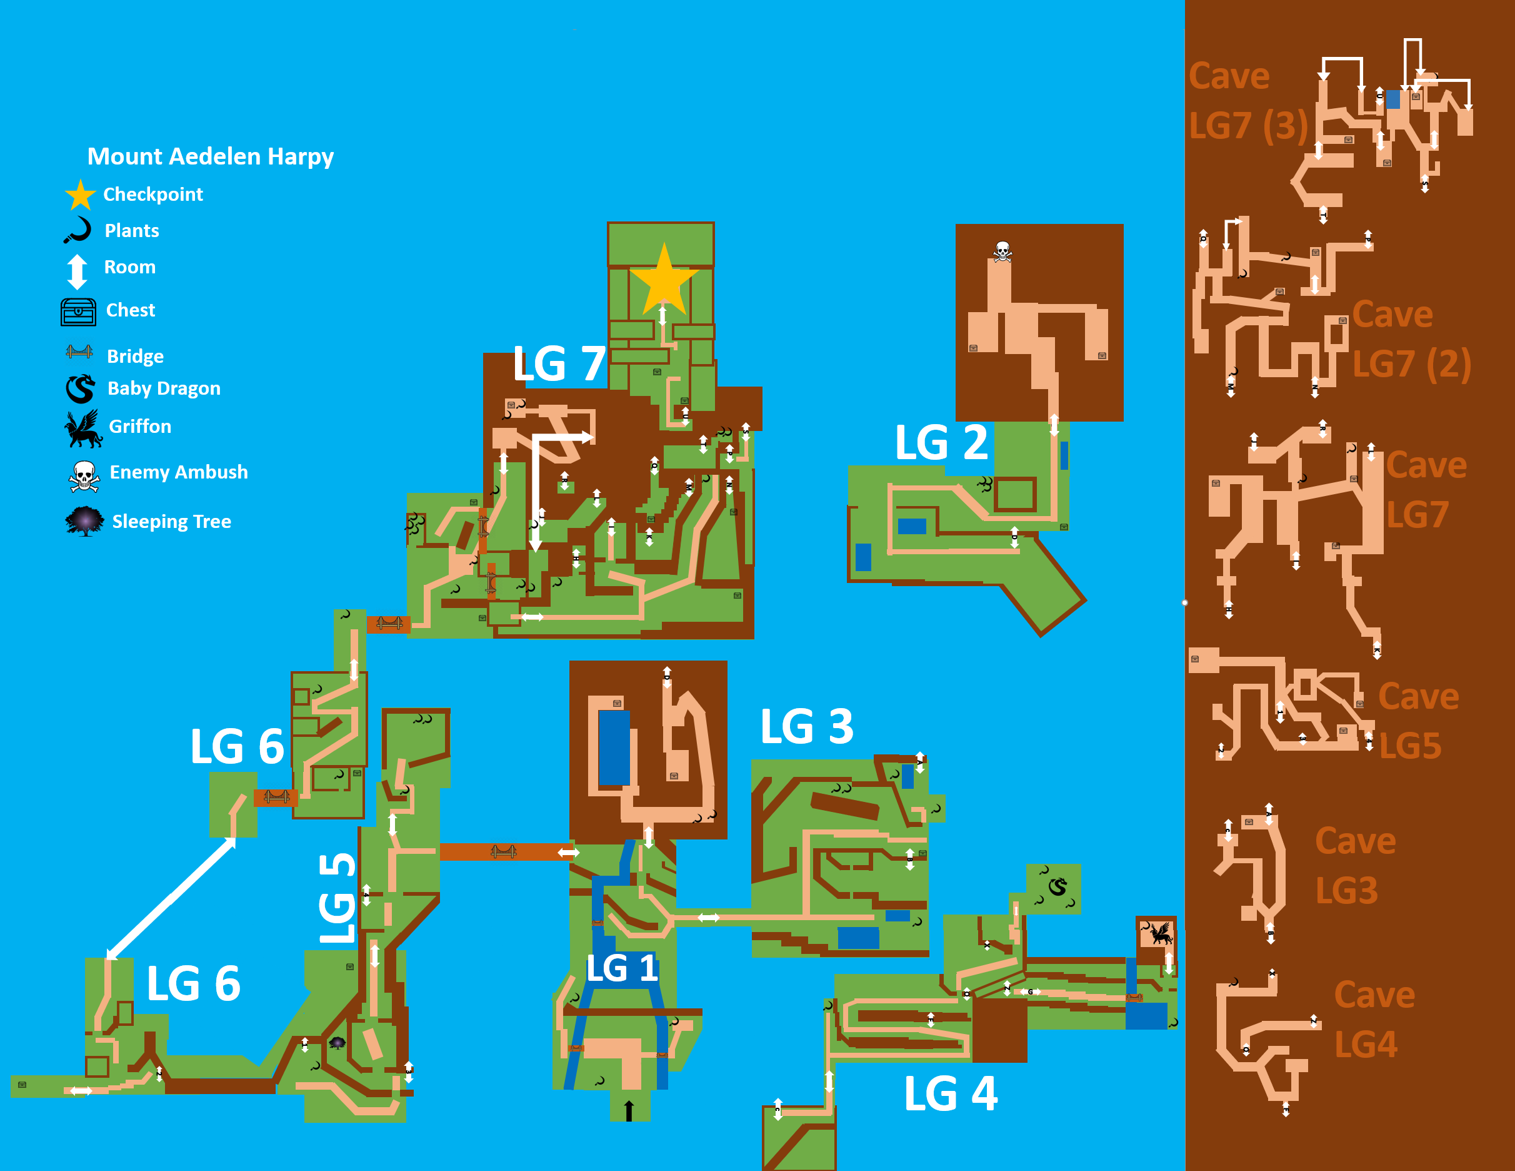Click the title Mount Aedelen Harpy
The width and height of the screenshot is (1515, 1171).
click(210, 156)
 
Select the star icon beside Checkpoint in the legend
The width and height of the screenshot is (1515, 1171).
click(81, 195)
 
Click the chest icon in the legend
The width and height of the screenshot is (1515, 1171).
click(78, 312)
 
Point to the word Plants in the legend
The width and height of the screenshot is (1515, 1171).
click(132, 230)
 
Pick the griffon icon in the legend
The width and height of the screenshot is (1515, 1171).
click(82, 428)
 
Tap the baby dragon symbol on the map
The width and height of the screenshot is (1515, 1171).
click(1057, 886)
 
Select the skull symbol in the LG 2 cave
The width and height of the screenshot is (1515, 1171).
click(1002, 251)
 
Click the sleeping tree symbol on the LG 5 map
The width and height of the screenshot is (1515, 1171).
click(337, 1042)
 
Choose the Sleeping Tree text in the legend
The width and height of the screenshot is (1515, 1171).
click(171, 521)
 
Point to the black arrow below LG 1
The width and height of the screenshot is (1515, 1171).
click(629, 1110)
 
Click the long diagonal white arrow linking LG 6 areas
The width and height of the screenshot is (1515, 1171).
click(171, 898)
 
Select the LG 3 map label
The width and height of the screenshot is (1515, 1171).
click(807, 727)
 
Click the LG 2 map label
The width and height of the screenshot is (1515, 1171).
click(941, 442)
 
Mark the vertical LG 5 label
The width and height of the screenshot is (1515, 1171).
click(337, 898)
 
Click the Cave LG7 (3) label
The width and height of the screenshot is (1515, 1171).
click(1247, 101)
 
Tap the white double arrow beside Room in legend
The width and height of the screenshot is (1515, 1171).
click(77, 271)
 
